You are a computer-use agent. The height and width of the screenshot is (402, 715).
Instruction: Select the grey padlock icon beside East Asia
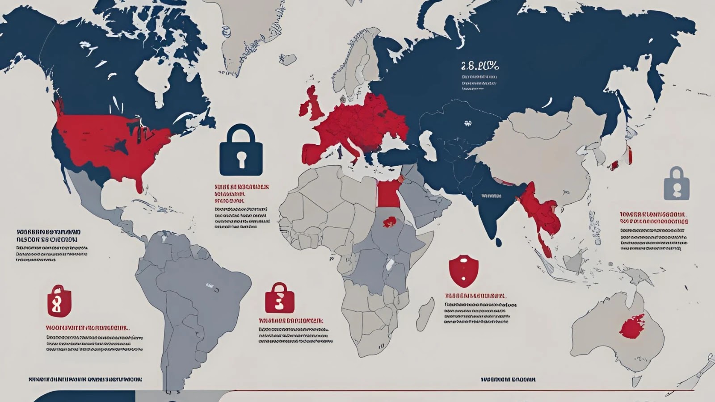tap(677, 184)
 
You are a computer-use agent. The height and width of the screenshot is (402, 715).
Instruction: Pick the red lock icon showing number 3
tap(279, 298)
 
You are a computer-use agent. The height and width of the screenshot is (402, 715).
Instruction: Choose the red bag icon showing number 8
tap(59, 301)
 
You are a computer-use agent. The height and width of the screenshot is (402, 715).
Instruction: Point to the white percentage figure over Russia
tap(479, 67)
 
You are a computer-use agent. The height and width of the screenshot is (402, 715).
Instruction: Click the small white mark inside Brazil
tap(208, 285)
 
